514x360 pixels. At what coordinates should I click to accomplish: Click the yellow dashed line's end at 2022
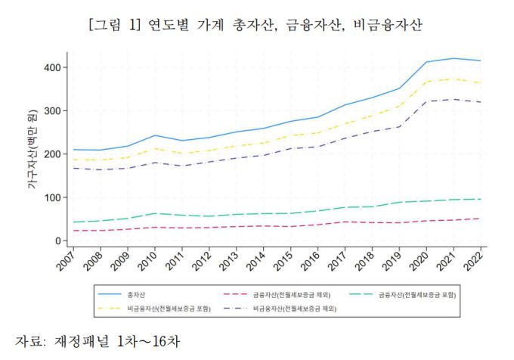[x=481, y=82]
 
